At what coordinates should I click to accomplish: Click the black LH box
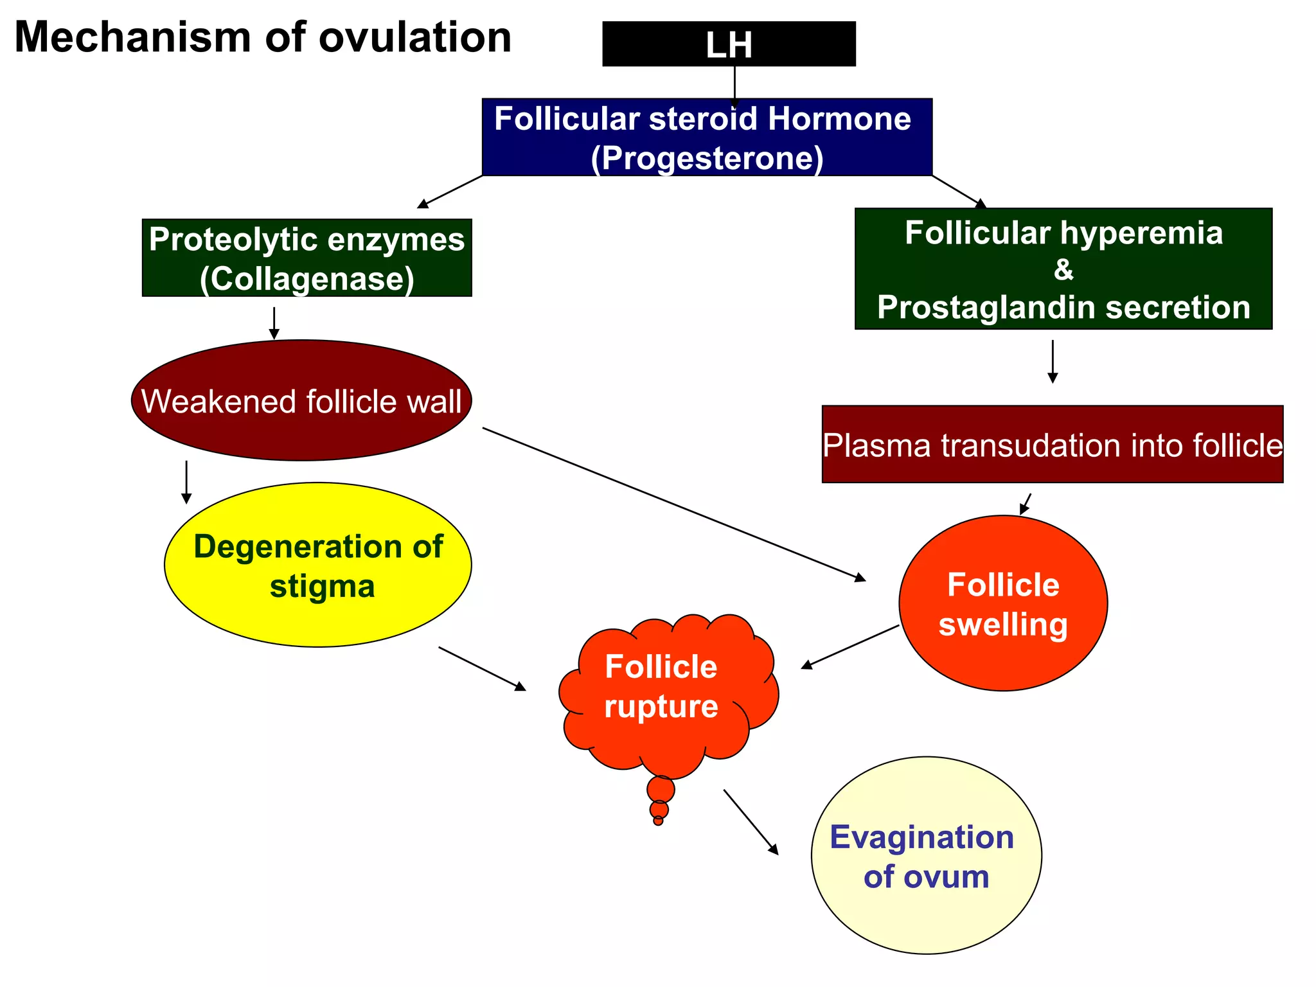[x=729, y=44]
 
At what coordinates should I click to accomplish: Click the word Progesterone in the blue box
[x=707, y=158]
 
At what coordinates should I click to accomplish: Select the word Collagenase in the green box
[x=307, y=279]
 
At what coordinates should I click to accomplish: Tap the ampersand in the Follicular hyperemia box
[x=1063, y=270]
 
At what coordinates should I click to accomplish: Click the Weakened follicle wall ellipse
[x=301, y=401]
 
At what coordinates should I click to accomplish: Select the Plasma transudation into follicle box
[x=1053, y=445]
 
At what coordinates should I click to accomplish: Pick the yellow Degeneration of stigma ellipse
[x=318, y=565]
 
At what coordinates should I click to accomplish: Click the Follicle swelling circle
[x=1003, y=604]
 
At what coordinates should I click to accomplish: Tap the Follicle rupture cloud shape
[x=662, y=688]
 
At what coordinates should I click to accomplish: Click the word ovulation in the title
[x=415, y=37]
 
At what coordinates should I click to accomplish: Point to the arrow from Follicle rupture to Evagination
[x=750, y=821]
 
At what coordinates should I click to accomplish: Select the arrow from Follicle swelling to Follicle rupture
[x=849, y=647]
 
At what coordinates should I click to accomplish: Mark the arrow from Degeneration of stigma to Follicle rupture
[x=482, y=668]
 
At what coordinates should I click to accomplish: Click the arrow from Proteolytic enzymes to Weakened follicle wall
[x=274, y=323]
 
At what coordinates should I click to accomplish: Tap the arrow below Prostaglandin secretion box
[x=1053, y=362]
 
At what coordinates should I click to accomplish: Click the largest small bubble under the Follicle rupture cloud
[x=661, y=789]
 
